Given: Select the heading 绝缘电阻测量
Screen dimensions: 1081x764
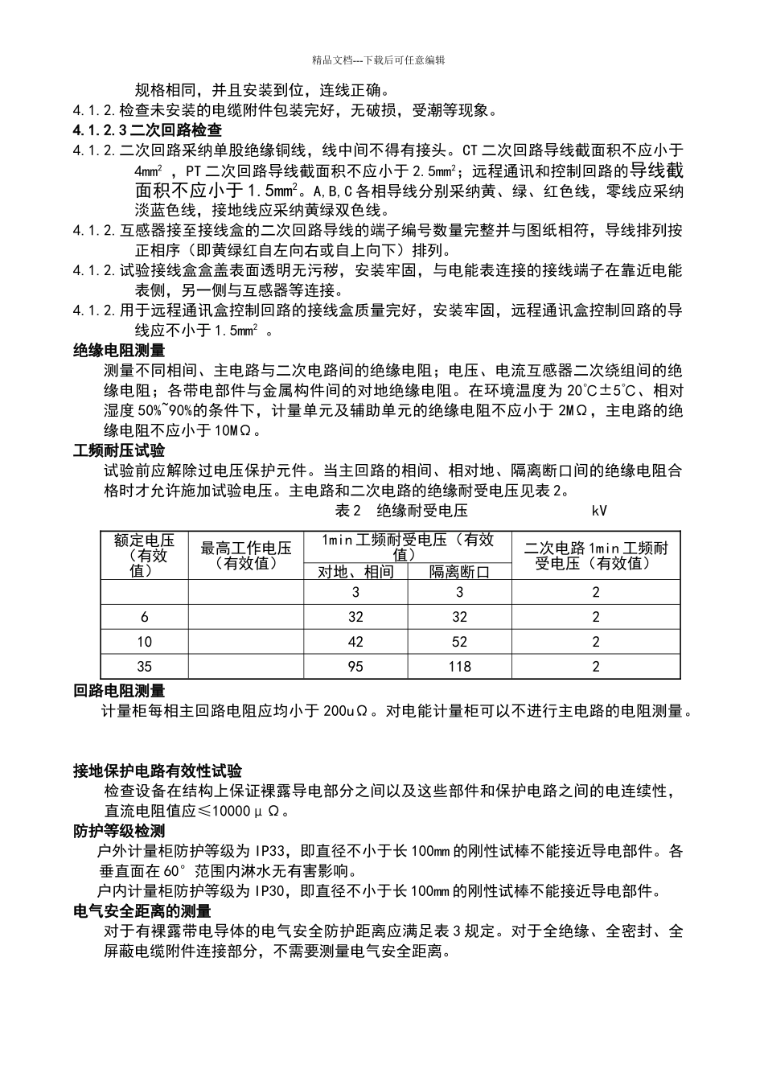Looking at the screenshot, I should click(x=119, y=350).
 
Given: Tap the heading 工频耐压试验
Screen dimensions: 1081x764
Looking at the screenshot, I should click(x=119, y=450).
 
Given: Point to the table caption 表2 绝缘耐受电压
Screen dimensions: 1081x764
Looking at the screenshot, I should click(x=400, y=511).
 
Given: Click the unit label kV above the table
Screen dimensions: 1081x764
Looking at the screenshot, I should click(x=599, y=511).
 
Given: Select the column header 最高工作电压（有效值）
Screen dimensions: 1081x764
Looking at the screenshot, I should click(x=246, y=555).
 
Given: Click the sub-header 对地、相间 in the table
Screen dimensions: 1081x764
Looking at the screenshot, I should click(x=355, y=571).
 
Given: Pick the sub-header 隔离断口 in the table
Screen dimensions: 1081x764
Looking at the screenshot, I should click(x=459, y=571).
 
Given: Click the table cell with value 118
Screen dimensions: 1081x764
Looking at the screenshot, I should click(x=459, y=666).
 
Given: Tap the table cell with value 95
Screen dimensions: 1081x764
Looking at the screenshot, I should click(x=355, y=666).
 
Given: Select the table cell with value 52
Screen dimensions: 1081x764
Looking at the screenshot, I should click(x=459, y=642).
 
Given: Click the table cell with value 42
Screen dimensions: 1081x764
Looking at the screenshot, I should click(x=355, y=642).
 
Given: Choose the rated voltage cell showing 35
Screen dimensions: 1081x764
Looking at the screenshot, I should click(x=145, y=666).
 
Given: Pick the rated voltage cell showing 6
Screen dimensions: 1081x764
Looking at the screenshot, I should click(x=145, y=617).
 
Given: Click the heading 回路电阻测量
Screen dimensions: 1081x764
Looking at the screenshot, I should click(x=119, y=690).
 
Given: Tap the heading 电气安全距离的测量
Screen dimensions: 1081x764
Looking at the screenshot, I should click(x=142, y=910).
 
